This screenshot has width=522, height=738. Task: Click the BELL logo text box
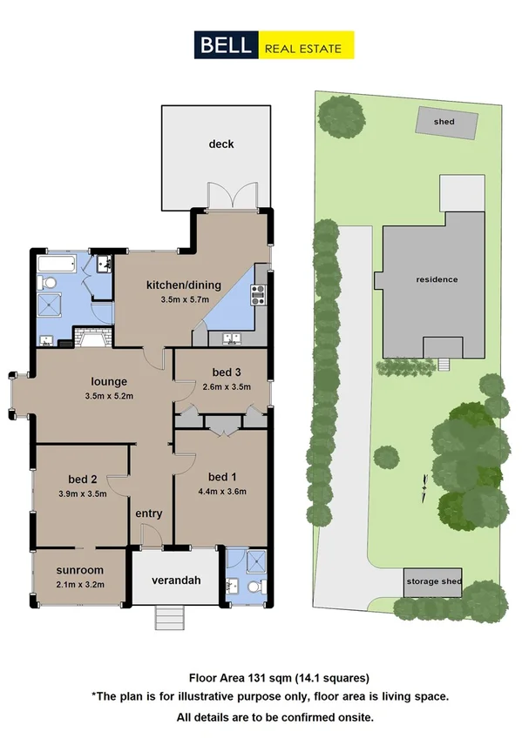(224, 44)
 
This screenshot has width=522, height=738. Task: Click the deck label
(220, 144)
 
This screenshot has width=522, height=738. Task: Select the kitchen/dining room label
(185, 285)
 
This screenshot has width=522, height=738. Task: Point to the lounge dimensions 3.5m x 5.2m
(111, 397)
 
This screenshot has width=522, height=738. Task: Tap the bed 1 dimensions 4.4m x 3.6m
(222, 491)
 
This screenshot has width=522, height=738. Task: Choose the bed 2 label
(85, 478)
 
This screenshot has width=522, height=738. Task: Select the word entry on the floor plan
(148, 513)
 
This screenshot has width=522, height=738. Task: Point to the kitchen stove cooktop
(258, 296)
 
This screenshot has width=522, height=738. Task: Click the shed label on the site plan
(444, 122)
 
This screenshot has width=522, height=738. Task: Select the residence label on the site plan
(436, 279)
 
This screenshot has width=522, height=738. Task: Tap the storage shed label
(432, 582)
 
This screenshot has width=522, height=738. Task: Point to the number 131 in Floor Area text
(260, 677)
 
